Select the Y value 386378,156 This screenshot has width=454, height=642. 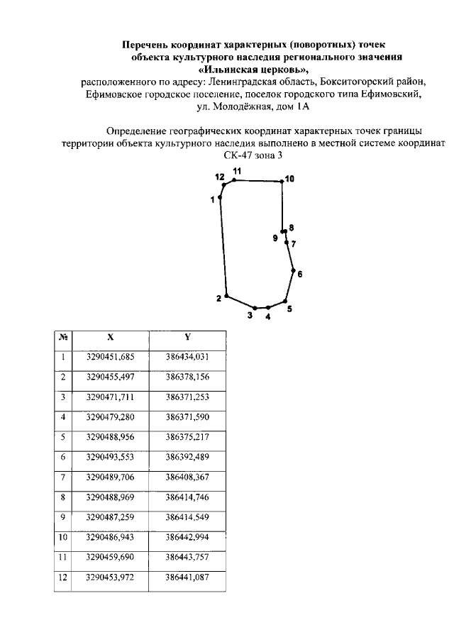pos(187,377)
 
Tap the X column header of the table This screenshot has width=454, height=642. pos(110,338)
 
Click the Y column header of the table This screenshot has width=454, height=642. pos(187,337)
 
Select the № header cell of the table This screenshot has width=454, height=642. pos(63,338)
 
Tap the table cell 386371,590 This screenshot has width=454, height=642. pos(187,416)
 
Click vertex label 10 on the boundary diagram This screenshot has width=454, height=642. pos(289,179)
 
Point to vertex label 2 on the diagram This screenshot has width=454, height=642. pos(219,298)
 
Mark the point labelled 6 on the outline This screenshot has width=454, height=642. pos(294,270)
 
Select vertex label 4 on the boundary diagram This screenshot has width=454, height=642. pos(268,318)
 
